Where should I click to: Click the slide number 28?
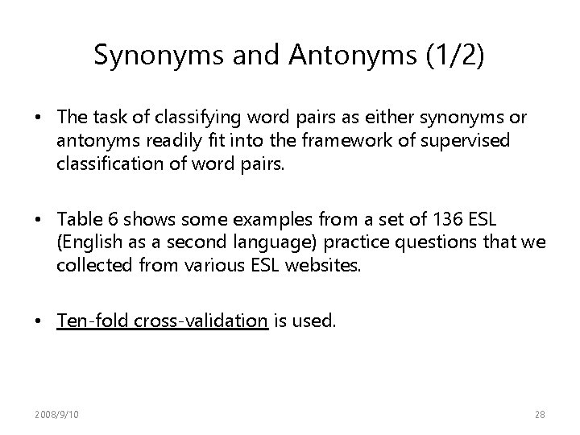point(539,415)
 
